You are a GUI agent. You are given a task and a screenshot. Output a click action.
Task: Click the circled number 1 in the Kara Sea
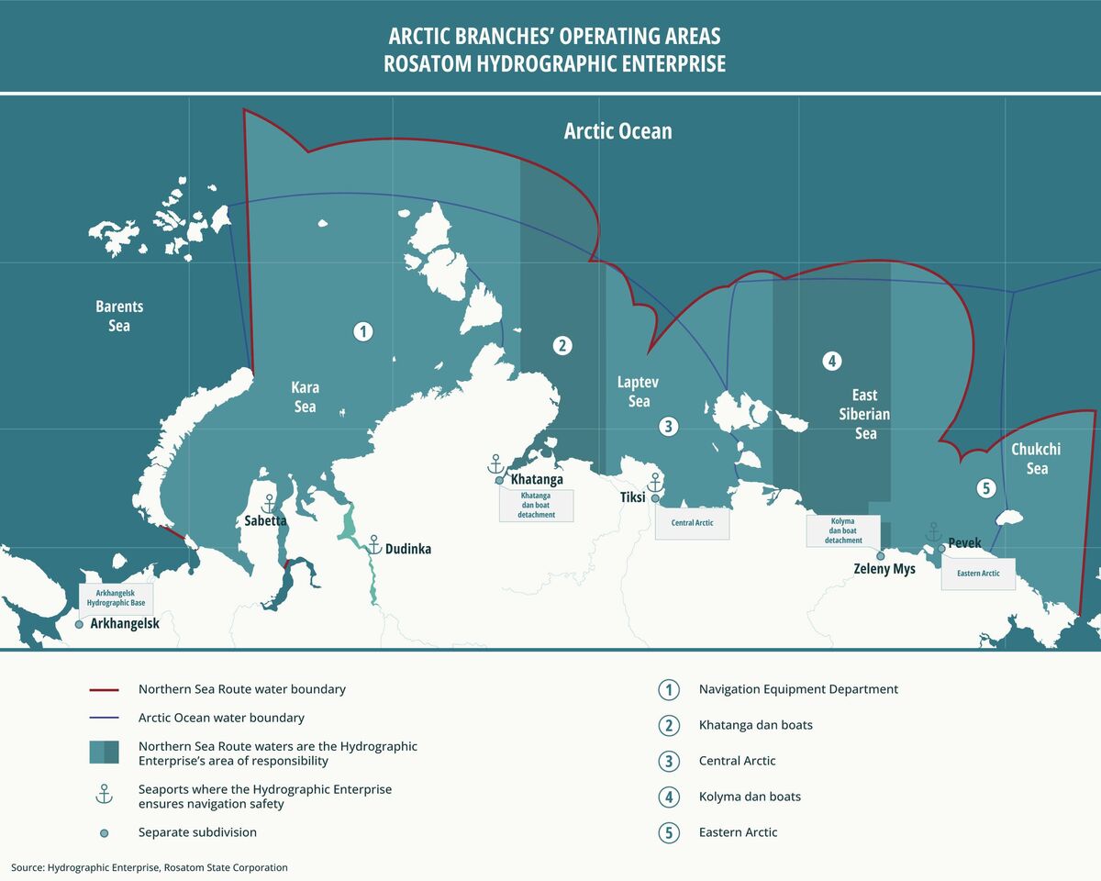[363, 331]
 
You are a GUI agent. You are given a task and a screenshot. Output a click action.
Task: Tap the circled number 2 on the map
[562, 346]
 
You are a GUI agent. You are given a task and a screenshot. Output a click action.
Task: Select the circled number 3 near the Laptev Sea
[669, 426]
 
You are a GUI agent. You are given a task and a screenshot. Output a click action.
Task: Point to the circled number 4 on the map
[831, 361]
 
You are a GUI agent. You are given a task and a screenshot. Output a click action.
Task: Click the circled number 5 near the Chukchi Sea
[985, 488]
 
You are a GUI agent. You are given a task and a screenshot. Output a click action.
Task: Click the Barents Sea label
[119, 316]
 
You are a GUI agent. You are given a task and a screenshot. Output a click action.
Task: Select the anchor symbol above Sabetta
[269, 503]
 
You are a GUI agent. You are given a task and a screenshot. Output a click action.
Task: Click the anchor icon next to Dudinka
[374, 544]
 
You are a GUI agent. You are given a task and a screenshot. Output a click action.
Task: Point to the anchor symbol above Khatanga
[495, 463]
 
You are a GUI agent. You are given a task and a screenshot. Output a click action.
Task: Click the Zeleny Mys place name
[885, 569]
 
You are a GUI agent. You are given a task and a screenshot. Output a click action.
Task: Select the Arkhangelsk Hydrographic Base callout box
[116, 599]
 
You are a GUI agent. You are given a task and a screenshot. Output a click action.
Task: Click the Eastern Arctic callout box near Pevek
[978, 574]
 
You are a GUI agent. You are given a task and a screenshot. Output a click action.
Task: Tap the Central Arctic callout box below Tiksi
[692, 523]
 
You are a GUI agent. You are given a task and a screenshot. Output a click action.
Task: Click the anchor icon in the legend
[104, 795]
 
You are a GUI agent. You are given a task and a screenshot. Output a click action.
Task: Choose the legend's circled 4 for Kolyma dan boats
[669, 797]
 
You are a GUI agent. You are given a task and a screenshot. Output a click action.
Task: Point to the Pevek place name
[964, 543]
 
